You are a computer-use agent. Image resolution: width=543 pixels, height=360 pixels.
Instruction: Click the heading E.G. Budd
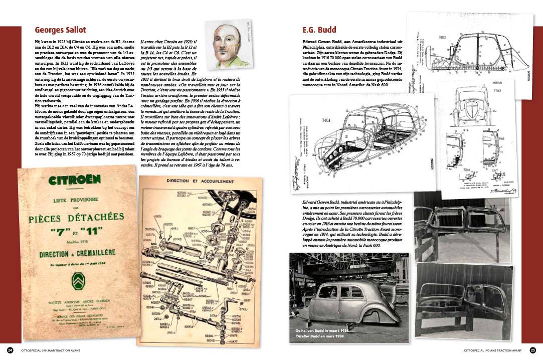[319, 30]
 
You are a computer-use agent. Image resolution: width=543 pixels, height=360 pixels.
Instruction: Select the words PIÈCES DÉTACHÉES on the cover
[76, 219]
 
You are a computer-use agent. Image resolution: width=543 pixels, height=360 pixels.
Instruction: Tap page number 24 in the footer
[10, 349]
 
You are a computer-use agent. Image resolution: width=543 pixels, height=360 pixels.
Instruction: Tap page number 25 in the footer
[533, 349]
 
